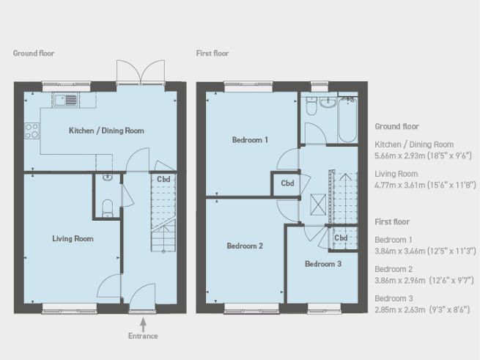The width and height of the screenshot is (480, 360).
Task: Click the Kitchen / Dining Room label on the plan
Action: pyautogui.click(x=106, y=131)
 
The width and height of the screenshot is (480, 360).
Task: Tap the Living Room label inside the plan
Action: pyautogui.click(x=73, y=238)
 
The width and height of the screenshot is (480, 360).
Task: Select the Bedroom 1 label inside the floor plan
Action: pyautogui.click(x=250, y=139)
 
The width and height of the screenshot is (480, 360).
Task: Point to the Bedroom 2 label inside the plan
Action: pyautogui.click(x=244, y=246)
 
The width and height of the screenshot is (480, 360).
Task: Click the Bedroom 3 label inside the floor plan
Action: pyautogui.click(x=323, y=263)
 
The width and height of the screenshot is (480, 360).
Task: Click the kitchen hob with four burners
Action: pyautogui.click(x=32, y=131)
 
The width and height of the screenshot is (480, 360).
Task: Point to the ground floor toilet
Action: pyautogui.click(x=107, y=207)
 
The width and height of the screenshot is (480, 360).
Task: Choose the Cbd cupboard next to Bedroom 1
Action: pyautogui.click(x=287, y=183)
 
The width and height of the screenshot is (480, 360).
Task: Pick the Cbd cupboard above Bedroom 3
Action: pyautogui.click(x=341, y=238)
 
